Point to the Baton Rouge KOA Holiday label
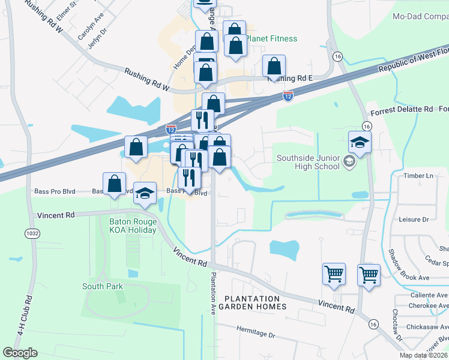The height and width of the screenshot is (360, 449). pyautogui.click(x=133, y=226)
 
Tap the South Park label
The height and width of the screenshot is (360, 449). pyautogui.click(x=103, y=286)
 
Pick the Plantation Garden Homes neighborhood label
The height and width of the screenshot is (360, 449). pyautogui.click(x=252, y=302)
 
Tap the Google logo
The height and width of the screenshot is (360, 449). pyautogui.click(x=20, y=352)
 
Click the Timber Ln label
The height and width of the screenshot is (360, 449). pyautogui.click(x=418, y=176)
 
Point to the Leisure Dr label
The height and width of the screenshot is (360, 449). pyautogui.click(x=414, y=220)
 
